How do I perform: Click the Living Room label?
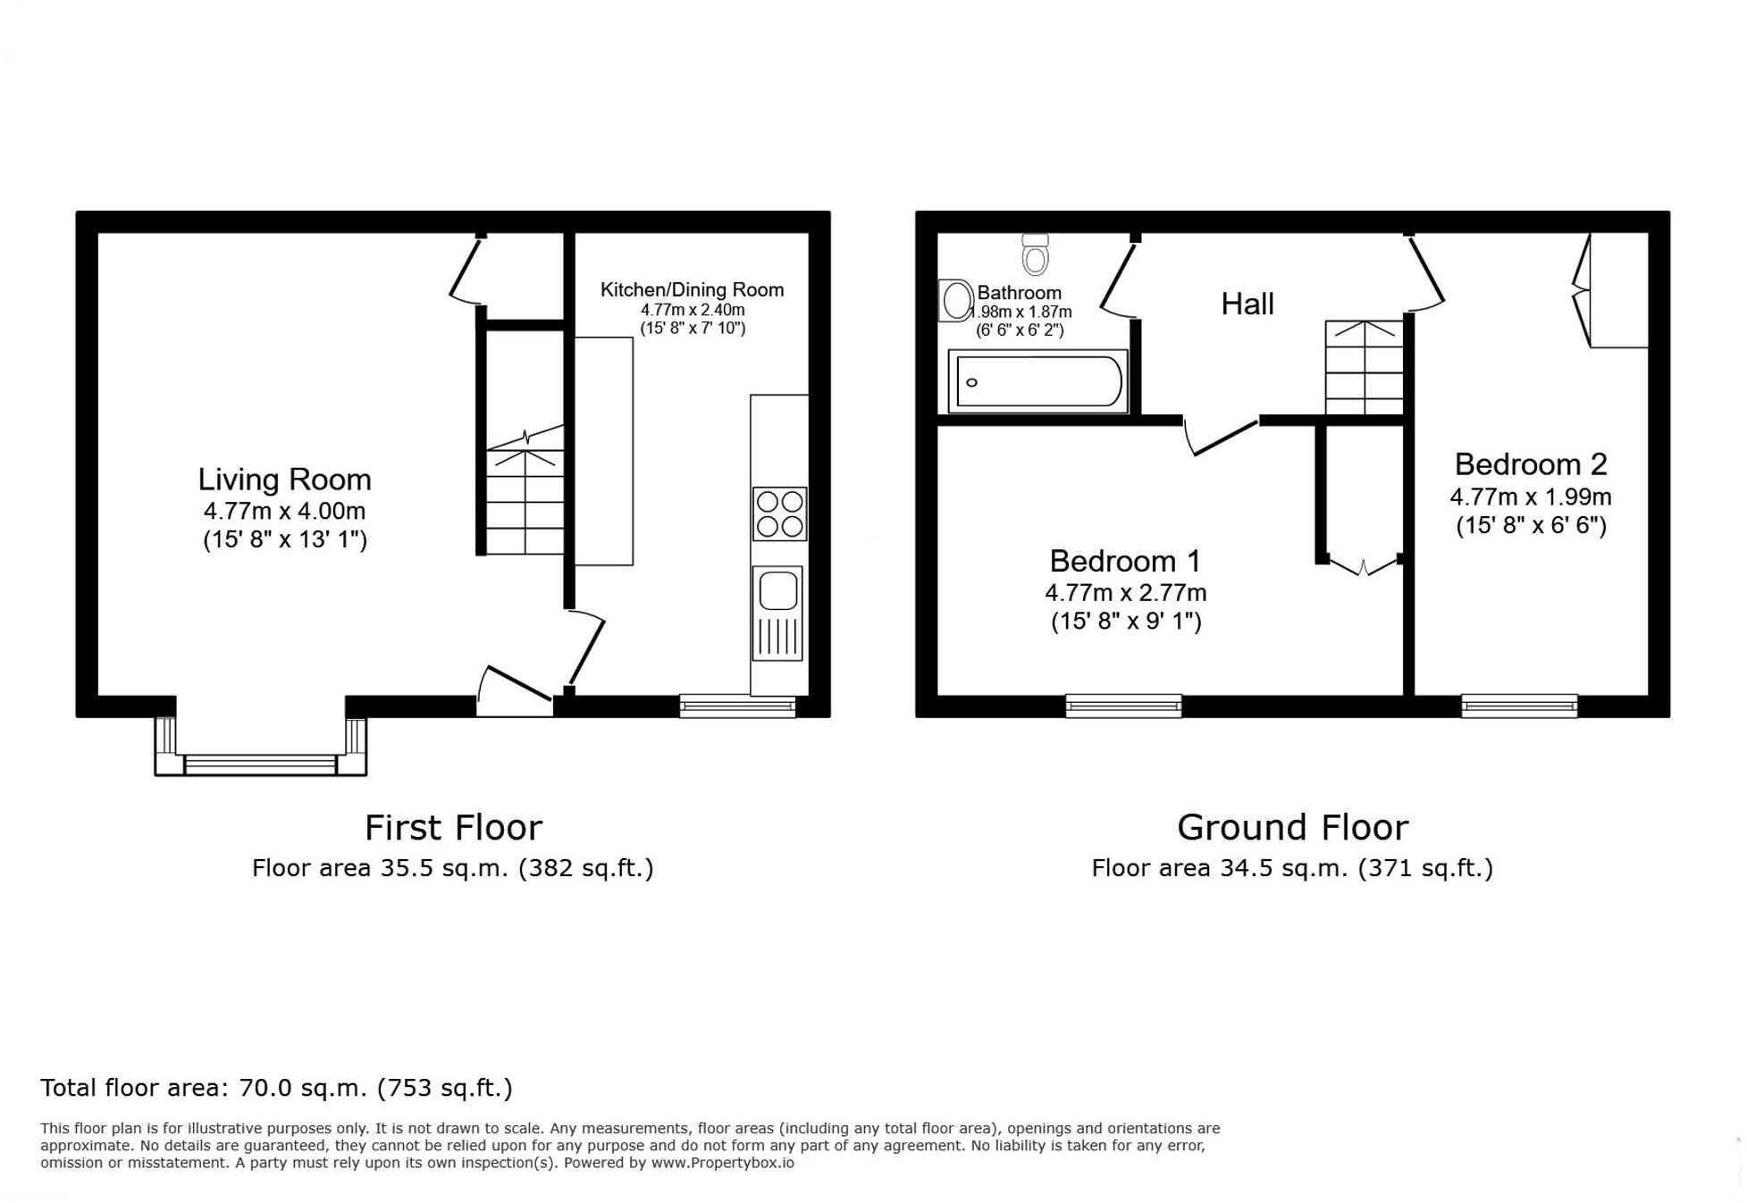(284, 480)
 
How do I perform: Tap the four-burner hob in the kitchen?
(779, 514)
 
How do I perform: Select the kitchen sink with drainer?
(777, 614)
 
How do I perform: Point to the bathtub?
(1037, 381)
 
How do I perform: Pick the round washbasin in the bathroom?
(956, 300)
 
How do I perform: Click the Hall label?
(1247, 305)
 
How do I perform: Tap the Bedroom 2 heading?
(1530, 464)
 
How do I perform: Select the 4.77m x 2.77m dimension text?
(1125, 593)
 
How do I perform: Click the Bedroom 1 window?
(1123, 706)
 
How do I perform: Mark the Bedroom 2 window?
(1518, 706)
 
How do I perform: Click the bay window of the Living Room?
(260, 764)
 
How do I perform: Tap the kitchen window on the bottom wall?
(737, 706)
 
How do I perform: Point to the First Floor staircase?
(525, 491)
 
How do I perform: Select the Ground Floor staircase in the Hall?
(1363, 368)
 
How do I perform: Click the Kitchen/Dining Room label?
(692, 289)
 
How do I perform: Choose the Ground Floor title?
(1291, 828)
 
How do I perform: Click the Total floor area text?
(276, 1088)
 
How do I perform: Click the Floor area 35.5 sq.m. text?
(452, 868)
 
